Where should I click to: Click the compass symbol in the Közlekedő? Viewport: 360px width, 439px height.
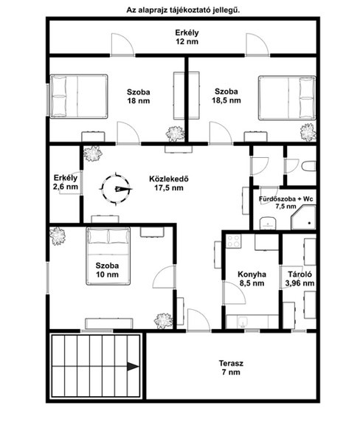[116, 189]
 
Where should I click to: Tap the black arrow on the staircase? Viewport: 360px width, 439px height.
[133, 367]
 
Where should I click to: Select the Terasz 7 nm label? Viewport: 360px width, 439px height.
[231, 367]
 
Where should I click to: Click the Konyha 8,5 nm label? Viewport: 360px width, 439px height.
[252, 279]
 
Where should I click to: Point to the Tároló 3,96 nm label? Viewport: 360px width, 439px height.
[300, 279]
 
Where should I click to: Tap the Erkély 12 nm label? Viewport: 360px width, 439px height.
[187, 37]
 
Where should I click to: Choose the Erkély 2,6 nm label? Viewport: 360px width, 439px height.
[66, 182]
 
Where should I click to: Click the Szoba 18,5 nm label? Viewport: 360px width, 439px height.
[226, 96]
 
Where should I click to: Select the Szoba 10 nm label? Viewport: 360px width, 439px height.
[107, 270]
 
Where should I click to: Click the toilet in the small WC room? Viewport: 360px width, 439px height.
[309, 166]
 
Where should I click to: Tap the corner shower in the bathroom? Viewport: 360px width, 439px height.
[304, 217]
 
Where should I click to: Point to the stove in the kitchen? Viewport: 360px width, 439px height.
[233, 241]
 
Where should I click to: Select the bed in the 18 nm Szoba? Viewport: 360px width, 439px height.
[79, 97]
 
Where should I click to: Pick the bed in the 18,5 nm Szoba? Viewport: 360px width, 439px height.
[287, 97]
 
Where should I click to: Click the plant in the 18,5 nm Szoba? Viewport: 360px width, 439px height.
[308, 132]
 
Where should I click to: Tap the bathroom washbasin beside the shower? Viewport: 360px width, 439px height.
[269, 223]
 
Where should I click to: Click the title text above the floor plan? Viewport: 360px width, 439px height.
[183, 10]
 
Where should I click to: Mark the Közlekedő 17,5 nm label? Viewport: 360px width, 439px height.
[169, 183]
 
